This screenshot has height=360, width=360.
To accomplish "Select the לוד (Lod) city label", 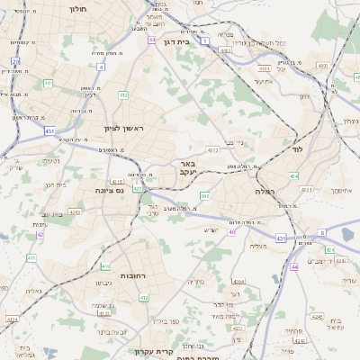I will tap(297, 149).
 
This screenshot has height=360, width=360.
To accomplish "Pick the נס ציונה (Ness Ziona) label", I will tap(109, 191).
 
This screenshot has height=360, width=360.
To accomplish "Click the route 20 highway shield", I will tap(16, 62).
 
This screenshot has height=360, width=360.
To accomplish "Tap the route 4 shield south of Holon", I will tap(102, 67).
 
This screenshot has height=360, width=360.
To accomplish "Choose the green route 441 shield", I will tap(47, 84).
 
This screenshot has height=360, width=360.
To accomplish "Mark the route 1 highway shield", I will tap(206, 40).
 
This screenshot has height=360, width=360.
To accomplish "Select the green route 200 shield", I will tap(204, 195).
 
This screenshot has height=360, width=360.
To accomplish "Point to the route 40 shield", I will tap(231, 231).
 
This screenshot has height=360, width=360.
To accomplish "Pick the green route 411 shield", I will tap(31, 258).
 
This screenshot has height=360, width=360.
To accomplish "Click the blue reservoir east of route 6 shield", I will tap(347, 235).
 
